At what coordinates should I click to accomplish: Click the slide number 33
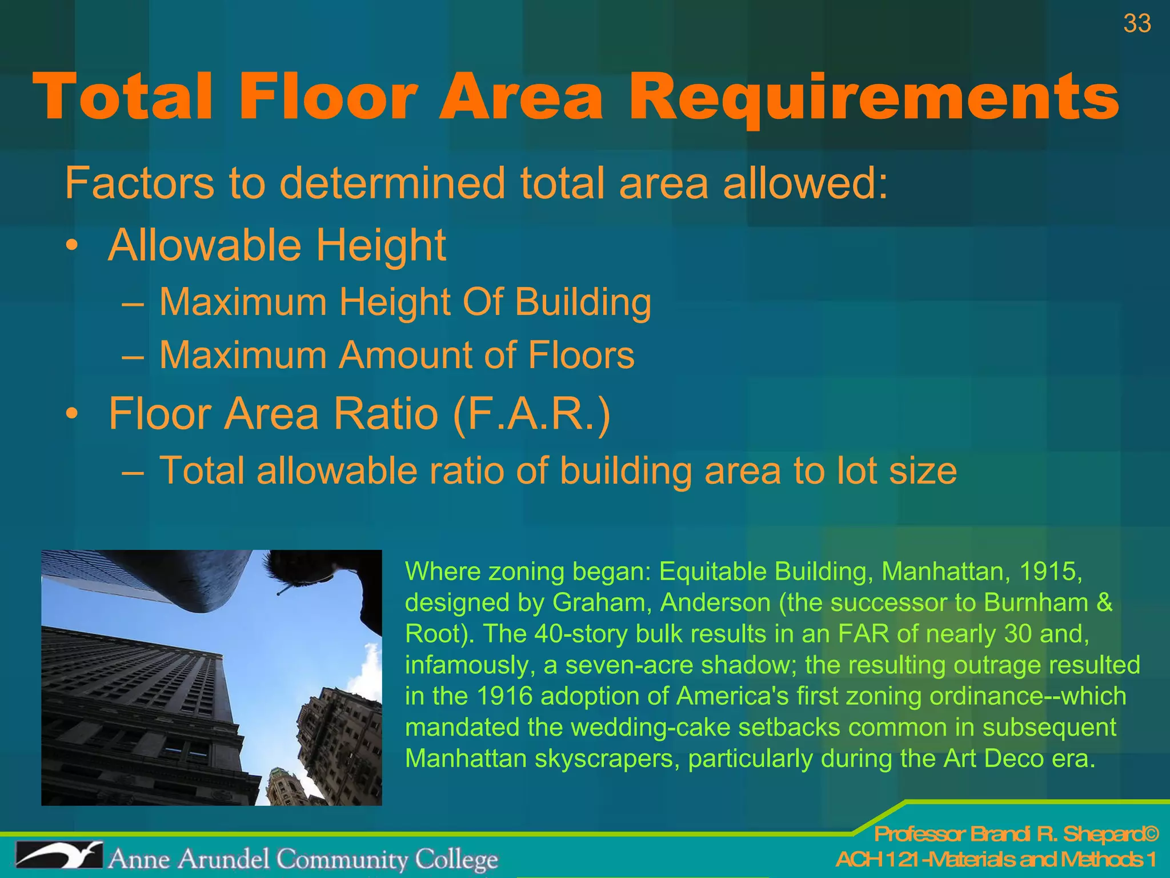click(x=1137, y=24)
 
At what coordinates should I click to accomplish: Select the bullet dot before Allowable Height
click(x=71, y=246)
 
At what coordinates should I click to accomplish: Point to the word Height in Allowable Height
click(x=381, y=245)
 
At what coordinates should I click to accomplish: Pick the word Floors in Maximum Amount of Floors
click(x=581, y=355)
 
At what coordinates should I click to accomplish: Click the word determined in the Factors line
click(x=392, y=183)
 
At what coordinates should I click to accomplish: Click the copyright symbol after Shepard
click(x=1151, y=835)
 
